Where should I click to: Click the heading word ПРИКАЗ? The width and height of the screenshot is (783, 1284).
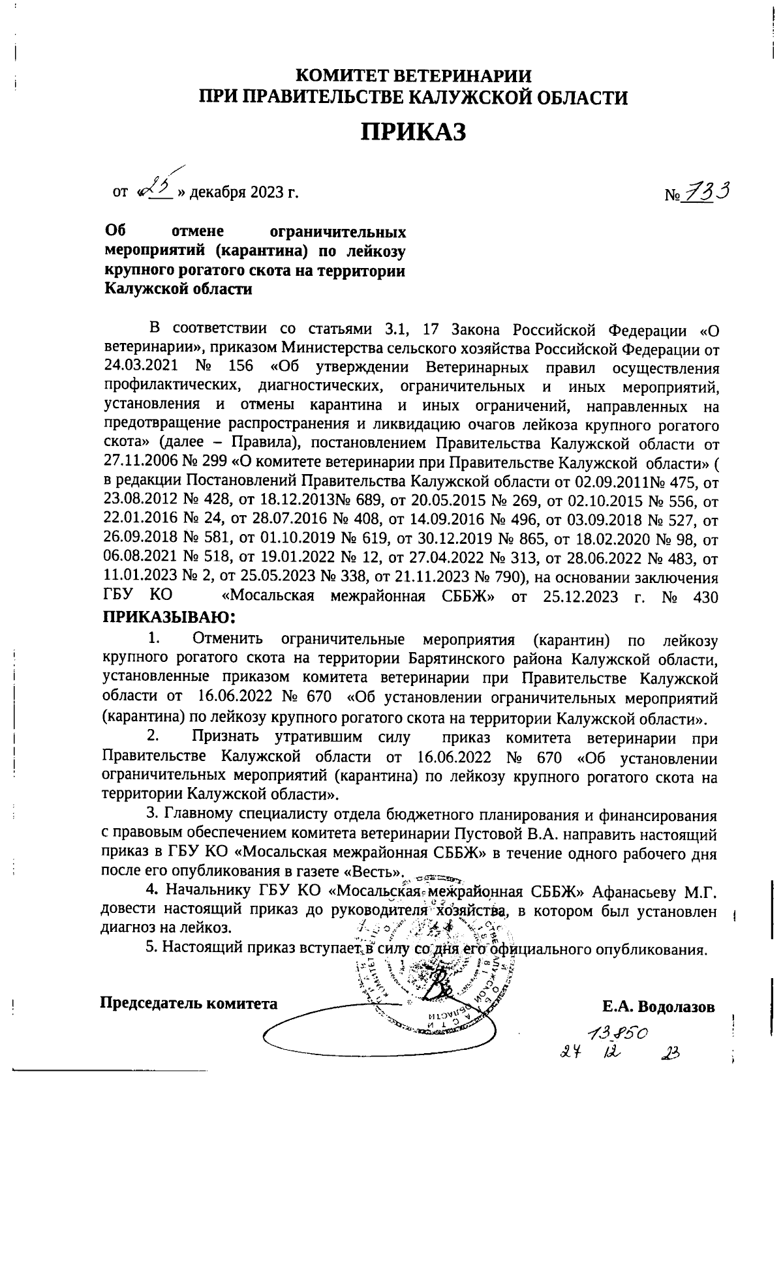(414, 133)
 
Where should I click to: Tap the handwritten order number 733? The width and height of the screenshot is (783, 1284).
(705, 192)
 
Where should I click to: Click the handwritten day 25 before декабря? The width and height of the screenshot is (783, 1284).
(156, 189)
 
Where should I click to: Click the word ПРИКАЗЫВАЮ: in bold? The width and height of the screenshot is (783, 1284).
(168, 617)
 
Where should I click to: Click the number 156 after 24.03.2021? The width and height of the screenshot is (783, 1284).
(241, 368)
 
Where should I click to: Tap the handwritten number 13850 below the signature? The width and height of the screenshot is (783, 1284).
(616, 1032)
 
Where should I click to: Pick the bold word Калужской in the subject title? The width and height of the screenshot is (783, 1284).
(143, 290)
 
